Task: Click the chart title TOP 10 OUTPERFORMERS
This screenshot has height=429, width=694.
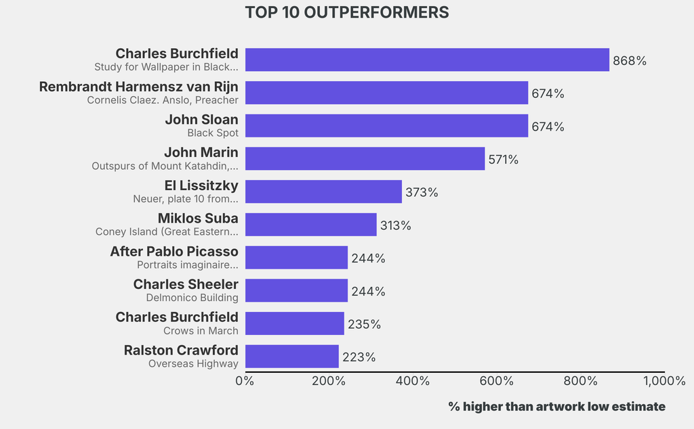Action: (346, 13)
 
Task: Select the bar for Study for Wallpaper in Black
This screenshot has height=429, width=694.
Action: (427, 60)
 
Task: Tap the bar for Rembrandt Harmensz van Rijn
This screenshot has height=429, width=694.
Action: (386, 93)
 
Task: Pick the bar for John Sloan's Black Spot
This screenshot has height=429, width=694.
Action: (386, 126)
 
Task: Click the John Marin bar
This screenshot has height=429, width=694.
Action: (365, 158)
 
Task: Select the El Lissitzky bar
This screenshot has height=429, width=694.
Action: (323, 191)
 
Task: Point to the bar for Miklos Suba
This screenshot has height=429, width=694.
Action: (310, 225)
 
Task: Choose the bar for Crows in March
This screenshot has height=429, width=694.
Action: (294, 323)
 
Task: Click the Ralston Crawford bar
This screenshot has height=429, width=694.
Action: (291, 357)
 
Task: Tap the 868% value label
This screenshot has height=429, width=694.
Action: (630, 61)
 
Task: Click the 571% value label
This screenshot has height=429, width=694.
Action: (503, 160)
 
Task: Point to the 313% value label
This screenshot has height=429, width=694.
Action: (395, 225)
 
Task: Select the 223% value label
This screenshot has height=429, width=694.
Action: (359, 357)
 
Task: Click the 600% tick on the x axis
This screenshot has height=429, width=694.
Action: (497, 381)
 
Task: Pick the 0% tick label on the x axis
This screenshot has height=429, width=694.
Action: (245, 381)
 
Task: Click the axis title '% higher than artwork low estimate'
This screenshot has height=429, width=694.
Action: (556, 406)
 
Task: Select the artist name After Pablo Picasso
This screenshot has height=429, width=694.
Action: (174, 251)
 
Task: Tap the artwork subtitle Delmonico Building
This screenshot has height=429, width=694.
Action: (192, 298)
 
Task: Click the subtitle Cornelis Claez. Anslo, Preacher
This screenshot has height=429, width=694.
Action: (163, 100)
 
